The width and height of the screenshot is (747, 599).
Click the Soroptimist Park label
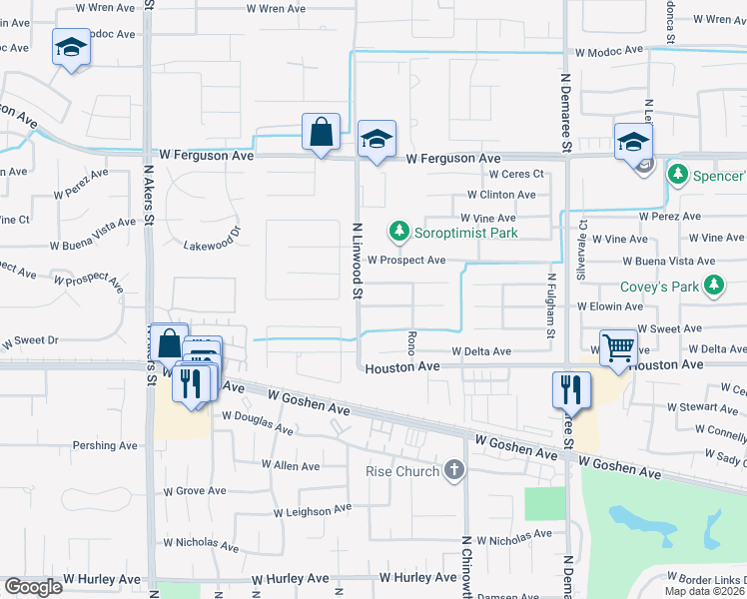tap(469, 233)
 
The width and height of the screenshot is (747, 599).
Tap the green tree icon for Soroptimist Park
tap(399, 233)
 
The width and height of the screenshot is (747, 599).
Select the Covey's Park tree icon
tap(713, 287)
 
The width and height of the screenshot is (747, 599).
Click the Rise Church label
tap(402, 471)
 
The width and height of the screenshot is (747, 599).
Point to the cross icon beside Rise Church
tap(454, 470)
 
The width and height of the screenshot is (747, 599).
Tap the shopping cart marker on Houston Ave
tap(619, 349)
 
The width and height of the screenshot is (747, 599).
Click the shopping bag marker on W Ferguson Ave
tap(322, 133)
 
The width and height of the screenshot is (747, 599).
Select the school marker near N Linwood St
tap(376, 140)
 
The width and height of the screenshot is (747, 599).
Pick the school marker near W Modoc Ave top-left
tap(71, 48)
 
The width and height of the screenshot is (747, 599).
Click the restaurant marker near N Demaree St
tap(571, 389)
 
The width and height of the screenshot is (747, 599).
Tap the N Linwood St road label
tap(356, 261)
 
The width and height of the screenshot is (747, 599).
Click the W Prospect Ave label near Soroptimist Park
tap(405, 260)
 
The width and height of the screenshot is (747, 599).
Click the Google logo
tap(33, 586)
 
